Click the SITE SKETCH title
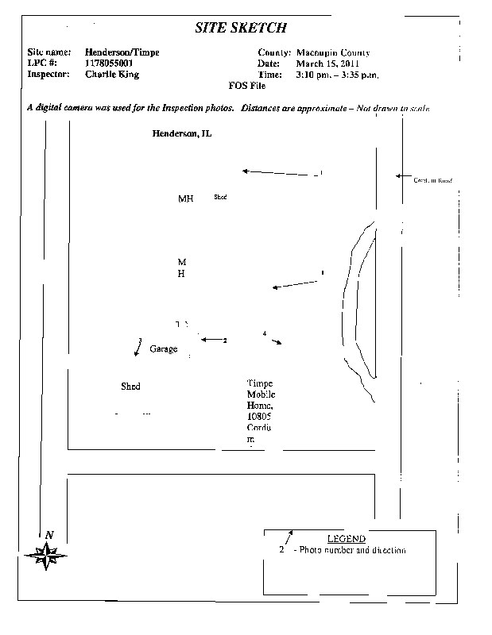point(241,29)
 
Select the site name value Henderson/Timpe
point(122,52)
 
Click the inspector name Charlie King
point(111,74)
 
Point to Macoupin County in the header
point(332,52)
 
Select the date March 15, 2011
point(328,63)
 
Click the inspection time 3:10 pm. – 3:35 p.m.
point(337,74)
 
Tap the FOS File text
point(247,85)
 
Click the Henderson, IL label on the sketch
point(182,133)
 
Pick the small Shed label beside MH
point(220,197)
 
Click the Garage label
point(163,348)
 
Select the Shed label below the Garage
point(130,387)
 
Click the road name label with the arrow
point(432,181)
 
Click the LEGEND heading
point(347,539)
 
